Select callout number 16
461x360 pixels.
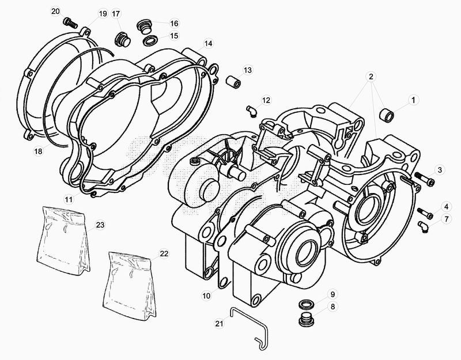click(x=173, y=23)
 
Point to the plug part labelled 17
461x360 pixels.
click(x=122, y=39)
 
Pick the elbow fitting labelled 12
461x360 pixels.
click(x=251, y=109)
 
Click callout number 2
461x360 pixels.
click(x=372, y=76)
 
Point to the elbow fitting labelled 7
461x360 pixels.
click(x=424, y=228)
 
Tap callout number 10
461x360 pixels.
click(x=206, y=295)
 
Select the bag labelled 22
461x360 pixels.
click(x=131, y=282)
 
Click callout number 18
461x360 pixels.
click(x=38, y=151)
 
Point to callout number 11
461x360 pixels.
click(x=69, y=199)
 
